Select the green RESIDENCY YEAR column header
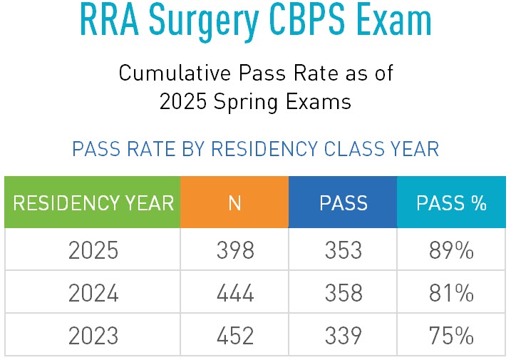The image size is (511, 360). coord(93,203)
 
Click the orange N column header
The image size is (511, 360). coord(234,203)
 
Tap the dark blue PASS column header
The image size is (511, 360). coord(343,203)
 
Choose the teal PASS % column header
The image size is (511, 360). coord(451,203)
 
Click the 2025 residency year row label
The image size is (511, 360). coord(93,251)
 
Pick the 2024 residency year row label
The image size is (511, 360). coord(93,292)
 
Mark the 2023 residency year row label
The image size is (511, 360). coord(93,334)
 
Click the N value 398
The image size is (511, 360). coord(234,251)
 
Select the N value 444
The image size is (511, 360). coord(234,292)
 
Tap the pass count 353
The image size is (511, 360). coord(343,251)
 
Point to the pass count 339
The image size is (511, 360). coord(343,334)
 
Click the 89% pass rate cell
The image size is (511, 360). coord(451,251)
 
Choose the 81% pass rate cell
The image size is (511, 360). coord(451,292)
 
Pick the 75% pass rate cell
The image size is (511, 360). coord(451,334)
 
